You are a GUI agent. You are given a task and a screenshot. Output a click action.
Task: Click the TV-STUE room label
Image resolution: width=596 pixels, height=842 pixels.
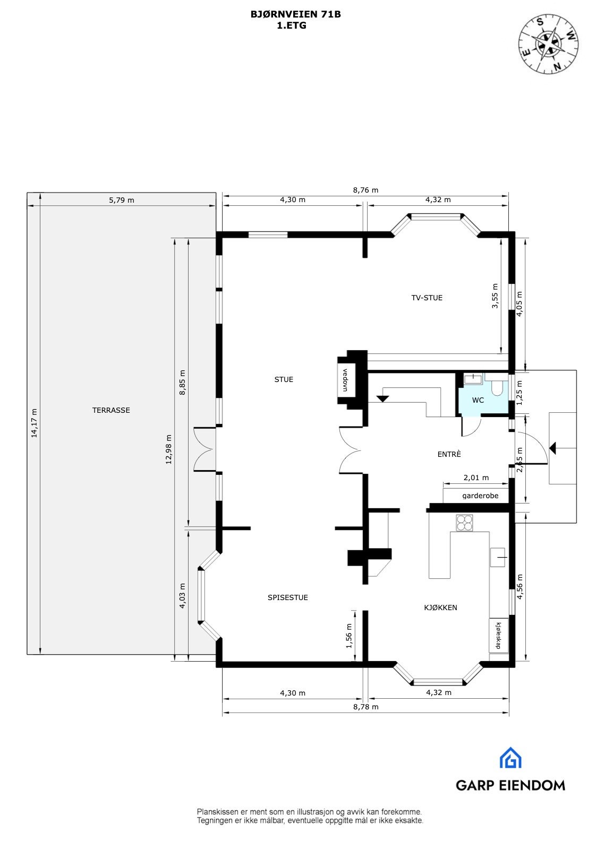427,298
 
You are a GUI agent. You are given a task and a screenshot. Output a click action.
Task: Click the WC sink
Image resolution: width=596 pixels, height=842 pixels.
472,378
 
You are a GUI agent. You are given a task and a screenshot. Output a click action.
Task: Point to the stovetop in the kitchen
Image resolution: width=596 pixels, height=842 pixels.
464,523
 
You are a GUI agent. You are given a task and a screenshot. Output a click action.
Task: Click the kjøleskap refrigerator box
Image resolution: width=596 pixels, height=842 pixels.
498,636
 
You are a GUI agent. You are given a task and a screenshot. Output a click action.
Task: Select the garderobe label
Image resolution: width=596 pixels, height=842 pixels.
480,496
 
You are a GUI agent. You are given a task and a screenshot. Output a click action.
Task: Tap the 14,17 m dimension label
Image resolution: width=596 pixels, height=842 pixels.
35,423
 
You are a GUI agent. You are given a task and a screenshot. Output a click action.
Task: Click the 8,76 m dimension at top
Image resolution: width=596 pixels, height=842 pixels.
365,190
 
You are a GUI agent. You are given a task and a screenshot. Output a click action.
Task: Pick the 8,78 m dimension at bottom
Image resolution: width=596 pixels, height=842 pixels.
366,707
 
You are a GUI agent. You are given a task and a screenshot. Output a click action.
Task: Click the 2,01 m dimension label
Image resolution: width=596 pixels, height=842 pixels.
476,478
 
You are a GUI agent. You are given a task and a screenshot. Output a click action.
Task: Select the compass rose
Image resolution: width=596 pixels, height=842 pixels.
549,44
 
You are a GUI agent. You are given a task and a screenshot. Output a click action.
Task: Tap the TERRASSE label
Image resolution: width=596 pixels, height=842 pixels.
111,410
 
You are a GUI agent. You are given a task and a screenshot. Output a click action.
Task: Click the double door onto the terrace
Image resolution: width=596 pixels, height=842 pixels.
205,449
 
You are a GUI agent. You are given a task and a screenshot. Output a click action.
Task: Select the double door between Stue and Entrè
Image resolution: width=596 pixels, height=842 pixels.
350,450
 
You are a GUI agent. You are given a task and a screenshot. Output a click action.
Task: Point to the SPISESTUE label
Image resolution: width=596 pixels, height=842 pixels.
287,597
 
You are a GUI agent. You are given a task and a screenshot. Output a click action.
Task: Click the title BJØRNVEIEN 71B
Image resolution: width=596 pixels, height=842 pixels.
295,15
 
